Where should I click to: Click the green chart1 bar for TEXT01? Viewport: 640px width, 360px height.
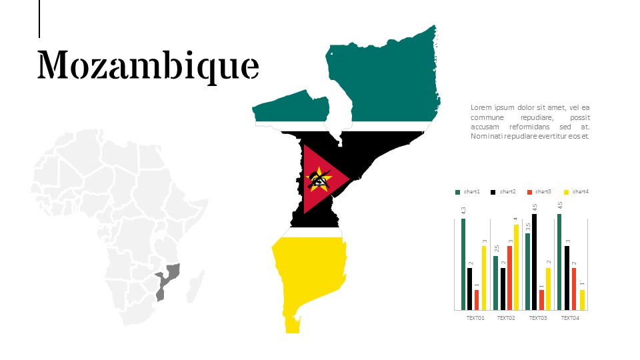pyautogui.click(x=463, y=264)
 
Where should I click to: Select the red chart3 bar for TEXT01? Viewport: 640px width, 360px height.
pyautogui.click(x=477, y=299)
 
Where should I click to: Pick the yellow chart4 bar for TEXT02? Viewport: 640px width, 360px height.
pyautogui.click(x=515, y=267)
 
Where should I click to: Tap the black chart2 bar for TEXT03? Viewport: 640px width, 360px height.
pyautogui.click(x=535, y=261)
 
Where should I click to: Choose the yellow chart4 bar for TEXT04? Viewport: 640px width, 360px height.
pyautogui.click(x=582, y=299)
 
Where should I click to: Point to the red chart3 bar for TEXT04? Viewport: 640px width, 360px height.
pyautogui.click(x=574, y=289)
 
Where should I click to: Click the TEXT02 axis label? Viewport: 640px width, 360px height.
pyautogui.click(x=506, y=318)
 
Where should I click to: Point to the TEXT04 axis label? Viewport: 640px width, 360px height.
pyautogui.click(x=570, y=318)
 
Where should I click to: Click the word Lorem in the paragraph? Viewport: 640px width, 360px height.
pyautogui.click(x=481, y=107)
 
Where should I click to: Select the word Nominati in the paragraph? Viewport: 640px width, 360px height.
pyautogui.click(x=487, y=136)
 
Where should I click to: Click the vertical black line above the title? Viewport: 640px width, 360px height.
pyautogui.click(x=39, y=19)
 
